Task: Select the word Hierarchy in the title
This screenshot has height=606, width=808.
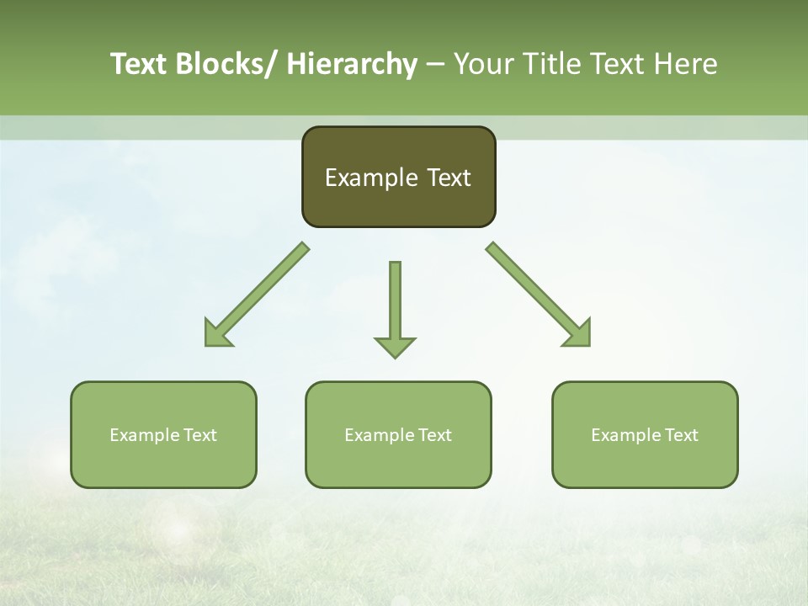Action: coord(352,64)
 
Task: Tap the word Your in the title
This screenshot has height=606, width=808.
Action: coord(483,64)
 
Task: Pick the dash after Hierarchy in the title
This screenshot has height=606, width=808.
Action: coord(435,65)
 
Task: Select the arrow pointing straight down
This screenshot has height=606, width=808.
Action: coord(395,303)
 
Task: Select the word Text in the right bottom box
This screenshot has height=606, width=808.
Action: coord(680,435)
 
